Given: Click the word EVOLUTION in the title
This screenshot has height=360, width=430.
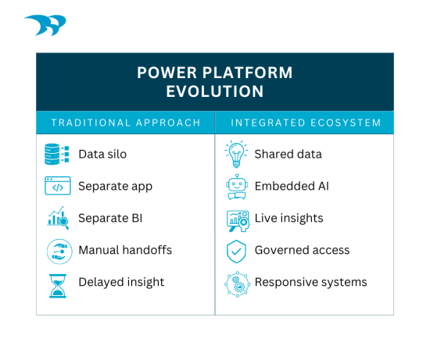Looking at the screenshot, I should coord(214,91).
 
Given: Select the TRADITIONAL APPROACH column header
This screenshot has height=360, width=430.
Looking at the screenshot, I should coord(125,123).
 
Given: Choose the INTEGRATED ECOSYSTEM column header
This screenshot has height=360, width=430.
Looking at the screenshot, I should coord(304,123).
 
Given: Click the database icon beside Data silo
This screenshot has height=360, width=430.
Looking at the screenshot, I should coord(57,154).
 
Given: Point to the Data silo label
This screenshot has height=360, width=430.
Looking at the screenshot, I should coord(102,154).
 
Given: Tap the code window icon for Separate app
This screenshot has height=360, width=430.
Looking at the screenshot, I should coord(57,187).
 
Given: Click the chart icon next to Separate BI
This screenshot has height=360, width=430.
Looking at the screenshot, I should coord(57,219).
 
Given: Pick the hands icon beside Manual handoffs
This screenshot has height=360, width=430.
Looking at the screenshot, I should coord(57,251).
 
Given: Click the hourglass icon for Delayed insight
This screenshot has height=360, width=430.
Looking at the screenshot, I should coord(57,283).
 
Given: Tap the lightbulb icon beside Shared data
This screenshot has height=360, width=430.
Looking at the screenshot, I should coord(235,154).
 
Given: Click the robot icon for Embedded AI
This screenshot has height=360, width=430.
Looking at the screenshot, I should coord(235,187).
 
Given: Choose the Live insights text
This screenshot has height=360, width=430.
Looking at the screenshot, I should coord(288,219).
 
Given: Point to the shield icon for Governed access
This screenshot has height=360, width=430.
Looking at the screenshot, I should coord(235,251).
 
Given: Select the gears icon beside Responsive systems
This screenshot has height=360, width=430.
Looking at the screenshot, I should coord(235,283).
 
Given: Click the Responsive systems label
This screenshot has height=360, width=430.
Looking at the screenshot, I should coord(310,283).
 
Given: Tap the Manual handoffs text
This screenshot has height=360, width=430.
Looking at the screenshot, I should coord(125,251).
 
